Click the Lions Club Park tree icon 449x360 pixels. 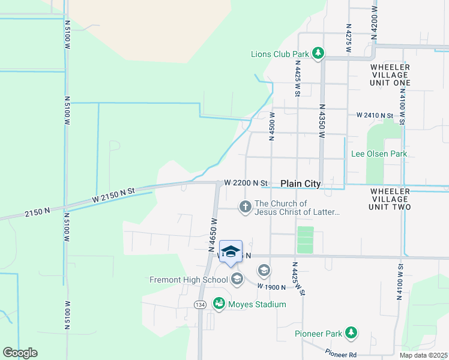(x=318, y=54)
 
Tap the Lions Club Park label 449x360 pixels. (x=280, y=54)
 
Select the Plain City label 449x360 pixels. (x=301, y=184)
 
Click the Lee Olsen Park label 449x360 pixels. (x=379, y=154)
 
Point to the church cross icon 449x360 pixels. (x=245, y=207)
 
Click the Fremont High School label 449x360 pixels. (x=189, y=280)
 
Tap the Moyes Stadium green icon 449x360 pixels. (x=219, y=304)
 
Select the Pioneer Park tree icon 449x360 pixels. (x=351, y=333)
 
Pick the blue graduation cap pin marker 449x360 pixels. (x=231, y=252)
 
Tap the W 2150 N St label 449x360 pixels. (x=114, y=193)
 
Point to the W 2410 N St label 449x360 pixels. (x=374, y=115)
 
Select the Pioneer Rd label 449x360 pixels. (x=341, y=353)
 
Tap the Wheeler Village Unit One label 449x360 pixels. (x=390, y=74)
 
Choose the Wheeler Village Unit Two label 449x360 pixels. (x=390, y=199)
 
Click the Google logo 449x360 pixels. (x=20, y=353)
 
